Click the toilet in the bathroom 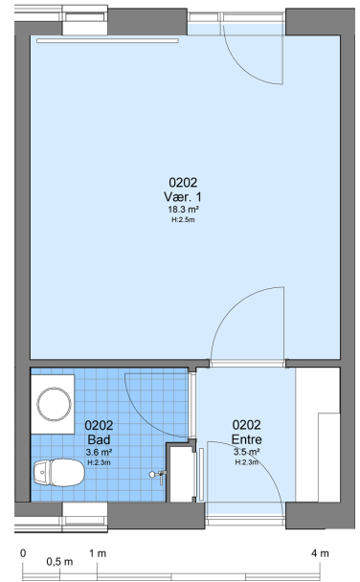coord(59,473)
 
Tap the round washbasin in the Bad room coord(55,404)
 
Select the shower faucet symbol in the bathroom coord(159,475)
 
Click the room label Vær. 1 coord(183,196)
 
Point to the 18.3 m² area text coord(183,210)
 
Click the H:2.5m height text coord(183,220)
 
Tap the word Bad coord(99,439)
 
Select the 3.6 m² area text coord(99,452)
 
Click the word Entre coord(246,439)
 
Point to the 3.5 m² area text coord(246,452)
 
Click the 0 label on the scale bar coord(23,553)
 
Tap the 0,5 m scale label coord(59,562)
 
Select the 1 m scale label coord(98,553)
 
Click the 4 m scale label coord(320,553)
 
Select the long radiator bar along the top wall coord(107,41)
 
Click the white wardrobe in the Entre coord(318,435)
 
